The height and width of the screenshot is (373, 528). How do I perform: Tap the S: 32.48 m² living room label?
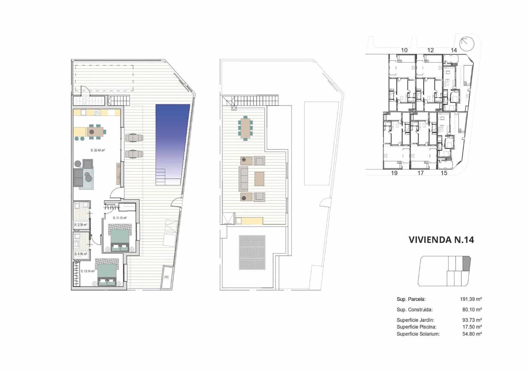[x=98, y=150]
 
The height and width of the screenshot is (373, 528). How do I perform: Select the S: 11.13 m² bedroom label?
[x=120, y=218]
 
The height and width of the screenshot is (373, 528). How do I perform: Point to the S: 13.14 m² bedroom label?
[x=88, y=271]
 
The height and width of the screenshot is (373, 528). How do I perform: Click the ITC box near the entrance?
[x=167, y=277]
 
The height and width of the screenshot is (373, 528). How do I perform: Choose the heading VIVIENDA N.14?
[x=441, y=240]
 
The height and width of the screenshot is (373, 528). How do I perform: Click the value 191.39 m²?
[x=471, y=299]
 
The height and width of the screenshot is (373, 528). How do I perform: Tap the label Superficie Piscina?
[x=416, y=327]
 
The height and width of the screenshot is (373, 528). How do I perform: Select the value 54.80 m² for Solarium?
[x=472, y=334]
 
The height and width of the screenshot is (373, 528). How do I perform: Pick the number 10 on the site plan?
[x=404, y=50]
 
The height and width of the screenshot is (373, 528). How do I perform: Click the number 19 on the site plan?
[x=394, y=173]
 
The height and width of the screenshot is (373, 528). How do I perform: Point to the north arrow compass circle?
[x=467, y=43]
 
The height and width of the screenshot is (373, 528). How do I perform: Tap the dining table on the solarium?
[x=245, y=127]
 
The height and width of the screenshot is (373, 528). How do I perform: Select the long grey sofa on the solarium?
[x=244, y=179]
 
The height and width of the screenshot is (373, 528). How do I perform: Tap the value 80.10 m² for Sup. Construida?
[x=472, y=310]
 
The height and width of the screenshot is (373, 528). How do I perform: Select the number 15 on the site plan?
[x=444, y=173]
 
